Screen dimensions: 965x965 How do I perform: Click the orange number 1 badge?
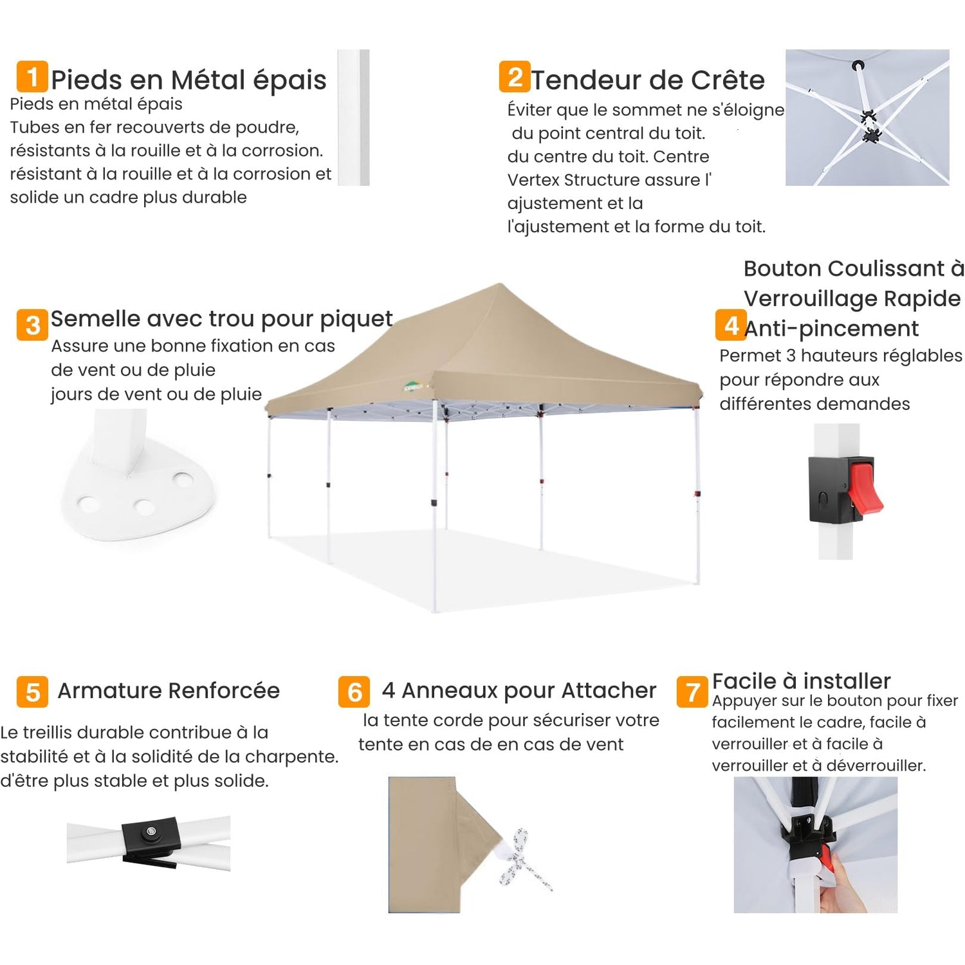pos(32,77)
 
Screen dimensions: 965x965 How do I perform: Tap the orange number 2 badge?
pos(515,77)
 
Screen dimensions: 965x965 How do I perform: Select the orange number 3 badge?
pos(32,325)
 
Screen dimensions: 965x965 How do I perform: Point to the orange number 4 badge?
pos(731,325)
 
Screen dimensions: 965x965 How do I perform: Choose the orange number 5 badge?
pos(32,692)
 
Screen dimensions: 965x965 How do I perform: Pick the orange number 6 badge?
pos(354,692)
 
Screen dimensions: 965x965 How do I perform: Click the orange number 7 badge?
pos(692,692)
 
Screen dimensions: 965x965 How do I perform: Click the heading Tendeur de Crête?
pos(648,80)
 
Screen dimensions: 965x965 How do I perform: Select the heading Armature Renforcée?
pos(169,690)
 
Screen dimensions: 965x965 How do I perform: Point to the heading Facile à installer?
pos(801,681)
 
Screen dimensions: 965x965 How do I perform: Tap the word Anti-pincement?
pos(831,328)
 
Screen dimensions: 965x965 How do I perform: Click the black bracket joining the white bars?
pos(150,840)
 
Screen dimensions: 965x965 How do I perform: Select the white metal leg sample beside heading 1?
pos(353,117)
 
